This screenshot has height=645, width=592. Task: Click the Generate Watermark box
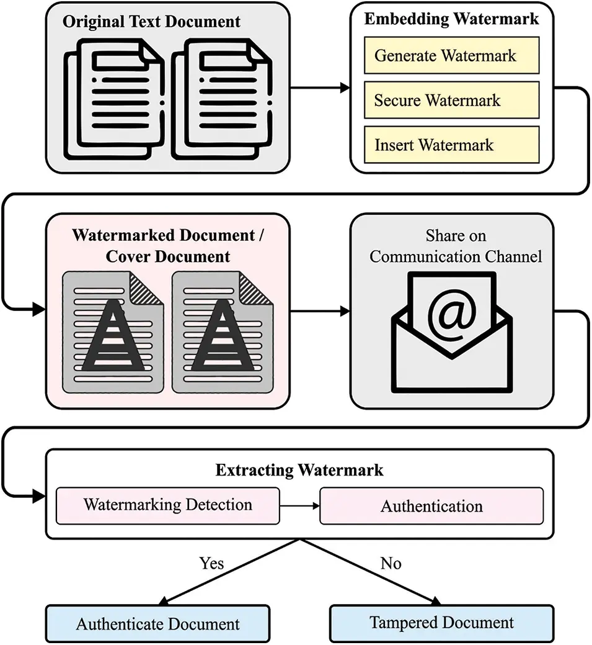(451, 55)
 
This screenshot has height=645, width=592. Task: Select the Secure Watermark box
(451, 100)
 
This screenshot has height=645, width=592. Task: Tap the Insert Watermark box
(451, 145)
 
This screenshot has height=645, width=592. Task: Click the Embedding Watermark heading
(451, 19)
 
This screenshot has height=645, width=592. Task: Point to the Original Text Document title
(151, 22)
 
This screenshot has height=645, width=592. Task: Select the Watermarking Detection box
(168, 505)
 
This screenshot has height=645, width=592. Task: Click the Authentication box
(431, 506)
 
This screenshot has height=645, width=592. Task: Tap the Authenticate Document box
(158, 623)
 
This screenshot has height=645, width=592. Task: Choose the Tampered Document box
(441, 623)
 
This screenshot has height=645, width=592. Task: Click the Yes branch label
(211, 563)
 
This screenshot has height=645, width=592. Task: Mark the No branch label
(391, 563)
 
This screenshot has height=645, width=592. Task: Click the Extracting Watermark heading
(299, 471)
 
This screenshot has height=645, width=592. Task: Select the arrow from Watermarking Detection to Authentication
(299, 505)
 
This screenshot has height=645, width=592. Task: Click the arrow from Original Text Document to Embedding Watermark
(320, 88)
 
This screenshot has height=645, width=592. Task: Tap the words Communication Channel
(456, 256)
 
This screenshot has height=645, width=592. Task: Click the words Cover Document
(168, 256)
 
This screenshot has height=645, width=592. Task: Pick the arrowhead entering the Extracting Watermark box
(38, 495)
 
